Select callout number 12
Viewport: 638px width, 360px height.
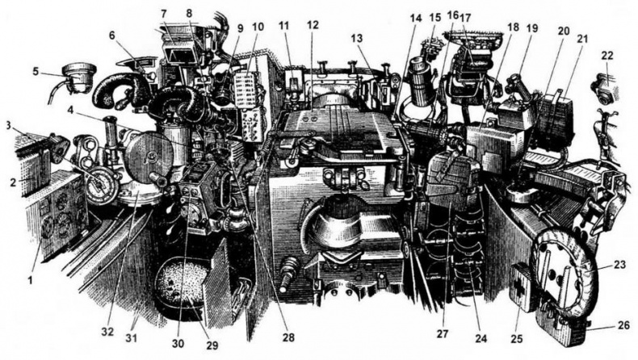point(313,25)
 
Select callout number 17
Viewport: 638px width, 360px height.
point(466,18)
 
